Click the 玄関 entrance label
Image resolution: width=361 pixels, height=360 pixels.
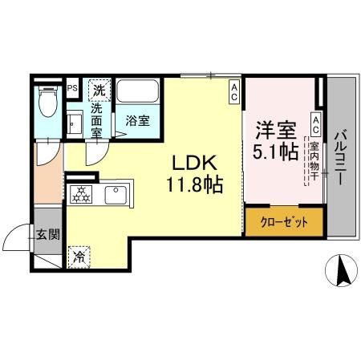(x=47, y=234)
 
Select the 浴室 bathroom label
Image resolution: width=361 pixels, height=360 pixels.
(x=137, y=121)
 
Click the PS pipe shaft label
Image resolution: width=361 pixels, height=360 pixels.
(x=72, y=88)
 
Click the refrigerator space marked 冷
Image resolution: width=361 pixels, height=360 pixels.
(x=79, y=256)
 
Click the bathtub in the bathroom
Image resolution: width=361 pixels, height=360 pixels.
(x=139, y=91)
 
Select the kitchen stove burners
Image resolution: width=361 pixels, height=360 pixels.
(x=82, y=195)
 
